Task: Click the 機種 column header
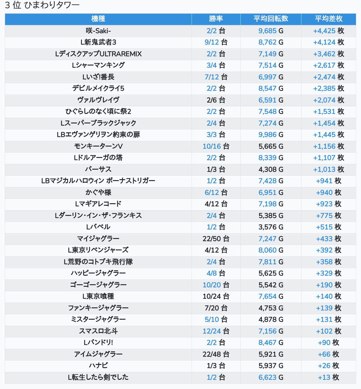(98, 19)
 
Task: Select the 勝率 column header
(216, 19)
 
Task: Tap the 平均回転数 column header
(271, 19)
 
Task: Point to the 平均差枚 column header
(328, 19)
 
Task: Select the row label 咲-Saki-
(98, 31)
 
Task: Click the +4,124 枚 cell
(328, 42)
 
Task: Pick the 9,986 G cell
(271, 135)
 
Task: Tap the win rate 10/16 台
(216, 146)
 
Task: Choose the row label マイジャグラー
(98, 239)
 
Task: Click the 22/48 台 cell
(216, 354)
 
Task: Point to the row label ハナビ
(98, 366)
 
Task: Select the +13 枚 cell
(328, 377)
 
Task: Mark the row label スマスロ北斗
(98, 331)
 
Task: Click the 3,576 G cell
(271, 227)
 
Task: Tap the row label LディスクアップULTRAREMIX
(98, 54)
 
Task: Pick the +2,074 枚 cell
(328, 100)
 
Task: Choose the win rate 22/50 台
(216, 239)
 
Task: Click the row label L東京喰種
(98, 296)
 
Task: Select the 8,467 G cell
(271, 342)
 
